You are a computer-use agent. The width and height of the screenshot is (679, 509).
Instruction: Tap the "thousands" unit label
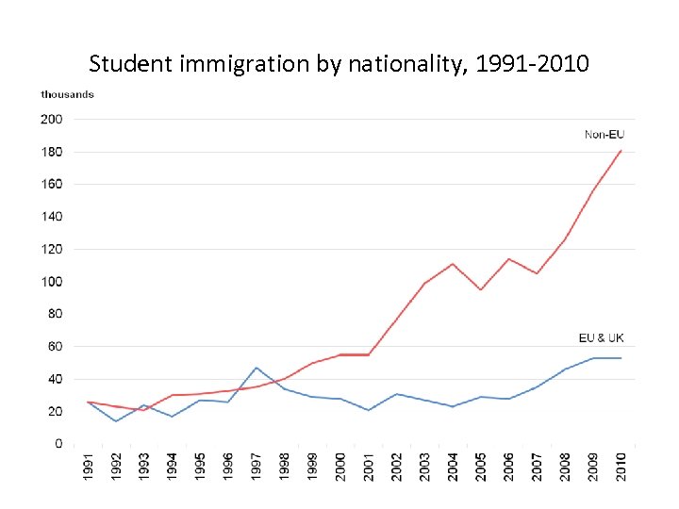pos(67,94)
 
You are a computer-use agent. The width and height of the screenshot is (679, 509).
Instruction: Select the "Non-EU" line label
pos(604,135)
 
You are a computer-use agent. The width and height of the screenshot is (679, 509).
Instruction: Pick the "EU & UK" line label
pos(601,337)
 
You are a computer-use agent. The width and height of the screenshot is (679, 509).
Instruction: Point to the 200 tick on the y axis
pos(51,120)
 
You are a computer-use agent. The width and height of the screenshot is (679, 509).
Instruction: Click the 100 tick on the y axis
pos(51,282)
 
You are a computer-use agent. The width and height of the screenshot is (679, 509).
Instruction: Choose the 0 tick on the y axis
pos(58,444)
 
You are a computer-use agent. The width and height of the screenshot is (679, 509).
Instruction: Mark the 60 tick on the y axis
pos(54,347)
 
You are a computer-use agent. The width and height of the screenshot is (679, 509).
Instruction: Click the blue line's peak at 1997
pos(257,368)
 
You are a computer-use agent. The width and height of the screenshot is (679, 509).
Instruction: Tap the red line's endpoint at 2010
pos(621,150)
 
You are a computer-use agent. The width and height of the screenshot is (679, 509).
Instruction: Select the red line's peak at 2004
pos(454,264)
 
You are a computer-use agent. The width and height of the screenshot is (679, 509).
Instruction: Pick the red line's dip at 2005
pos(481,289)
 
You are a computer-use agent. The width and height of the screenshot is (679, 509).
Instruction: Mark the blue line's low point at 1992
pos(116,421)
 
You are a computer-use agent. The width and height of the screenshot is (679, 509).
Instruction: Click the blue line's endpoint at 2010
pos(621,358)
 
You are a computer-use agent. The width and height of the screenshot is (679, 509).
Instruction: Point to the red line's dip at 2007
pos(538,273)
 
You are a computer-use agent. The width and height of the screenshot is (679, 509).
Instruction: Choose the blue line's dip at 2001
pos(369,410)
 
